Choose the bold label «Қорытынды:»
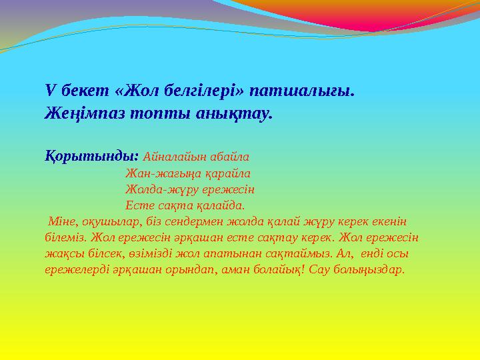pyautogui.click(x=91, y=157)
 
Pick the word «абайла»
pyautogui.click(x=229, y=157)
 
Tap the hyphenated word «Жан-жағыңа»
pyautogui.click(x=159, y=173)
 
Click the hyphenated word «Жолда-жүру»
pyautogui.click(x=157, y=189)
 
